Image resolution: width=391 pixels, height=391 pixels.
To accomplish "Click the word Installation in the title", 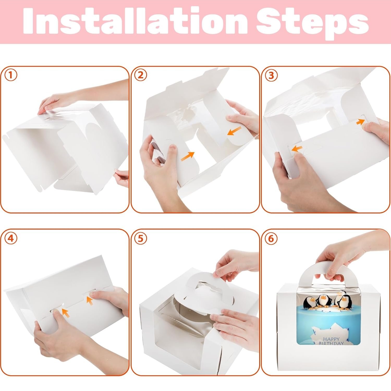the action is pos(137,22).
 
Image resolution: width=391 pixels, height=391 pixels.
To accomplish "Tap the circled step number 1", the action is pos(11,75).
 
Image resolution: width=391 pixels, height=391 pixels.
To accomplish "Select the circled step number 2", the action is pos(141,75).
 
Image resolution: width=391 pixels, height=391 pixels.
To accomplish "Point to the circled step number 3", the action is pos(271,75).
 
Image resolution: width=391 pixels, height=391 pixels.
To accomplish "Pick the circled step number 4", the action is pos(11,239).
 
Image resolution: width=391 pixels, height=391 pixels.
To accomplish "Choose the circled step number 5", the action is pos(141,239).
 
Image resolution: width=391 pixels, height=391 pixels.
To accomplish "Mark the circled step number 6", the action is pos(271,239).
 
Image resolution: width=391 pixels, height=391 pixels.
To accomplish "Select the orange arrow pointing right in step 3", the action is pos(361,121).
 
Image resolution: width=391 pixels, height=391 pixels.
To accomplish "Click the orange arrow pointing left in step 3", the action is pos(297,149).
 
